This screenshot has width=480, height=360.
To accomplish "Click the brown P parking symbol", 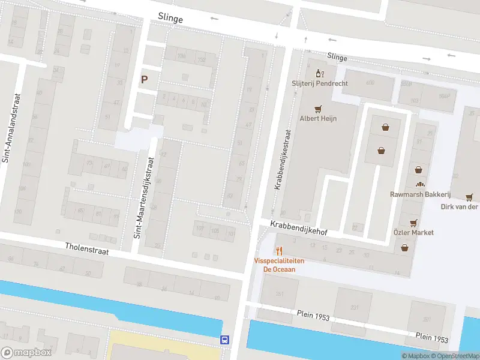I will point(144,79).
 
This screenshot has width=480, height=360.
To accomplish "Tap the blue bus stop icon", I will point(225,340).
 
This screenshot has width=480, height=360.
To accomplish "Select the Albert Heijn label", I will point(318,118).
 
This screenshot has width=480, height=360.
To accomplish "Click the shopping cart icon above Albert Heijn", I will point(318,109).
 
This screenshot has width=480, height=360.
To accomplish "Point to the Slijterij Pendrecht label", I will point(320,83).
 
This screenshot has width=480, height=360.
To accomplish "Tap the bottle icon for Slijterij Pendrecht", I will point(320,74).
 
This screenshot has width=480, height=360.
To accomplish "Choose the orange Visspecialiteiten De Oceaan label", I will point(279,265).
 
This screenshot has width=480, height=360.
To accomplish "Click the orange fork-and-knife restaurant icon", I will point(279,251).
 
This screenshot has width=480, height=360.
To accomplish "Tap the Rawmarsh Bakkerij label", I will point(420,194).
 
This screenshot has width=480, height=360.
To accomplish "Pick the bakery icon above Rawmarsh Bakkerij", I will point(420,185).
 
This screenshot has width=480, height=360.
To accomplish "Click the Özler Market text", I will point(413,232).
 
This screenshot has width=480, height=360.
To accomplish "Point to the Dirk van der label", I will point(459,207).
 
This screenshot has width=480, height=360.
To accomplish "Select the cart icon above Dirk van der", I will point(469,197).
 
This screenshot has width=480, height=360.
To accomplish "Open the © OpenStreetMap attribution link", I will point(457,356).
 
